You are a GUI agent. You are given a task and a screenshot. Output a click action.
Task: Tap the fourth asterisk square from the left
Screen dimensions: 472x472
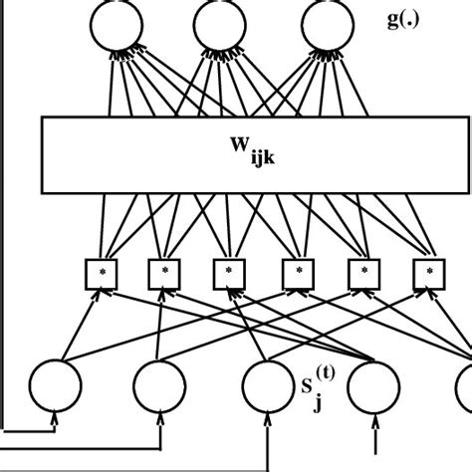pos(296,270)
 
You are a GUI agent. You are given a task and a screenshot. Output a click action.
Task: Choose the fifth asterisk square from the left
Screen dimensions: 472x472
pos(363,270)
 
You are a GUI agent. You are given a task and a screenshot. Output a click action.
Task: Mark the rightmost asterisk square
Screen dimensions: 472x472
pos(430,270)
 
